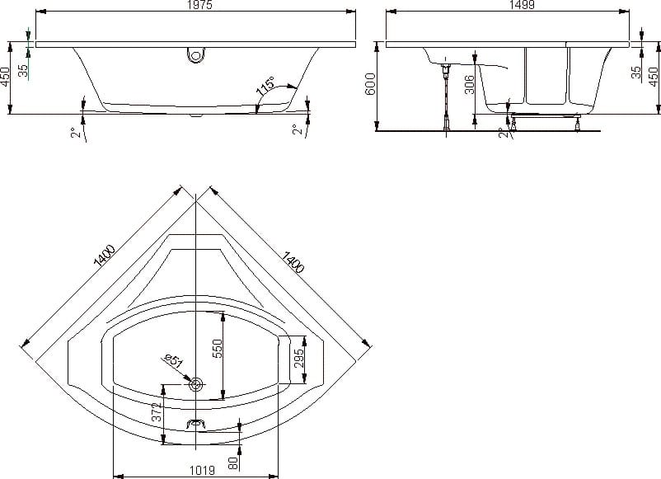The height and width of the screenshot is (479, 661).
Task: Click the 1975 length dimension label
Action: click(x=199, y=5)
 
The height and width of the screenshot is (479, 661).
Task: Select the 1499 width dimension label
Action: click(x=522, y=5)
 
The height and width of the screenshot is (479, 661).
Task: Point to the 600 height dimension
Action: click(x=370, y=84)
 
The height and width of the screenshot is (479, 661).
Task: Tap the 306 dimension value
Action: click(x=469, y=84)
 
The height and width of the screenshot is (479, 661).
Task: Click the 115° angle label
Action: click(x=265, y=87)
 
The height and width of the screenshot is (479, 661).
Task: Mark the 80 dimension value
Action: click(x=233, y=463)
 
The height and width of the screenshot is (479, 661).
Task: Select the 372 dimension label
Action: click(x=157, y=412)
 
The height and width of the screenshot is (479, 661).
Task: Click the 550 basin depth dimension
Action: click(x=217, y=348)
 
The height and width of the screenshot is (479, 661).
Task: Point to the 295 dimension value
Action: click(x=298, y=358)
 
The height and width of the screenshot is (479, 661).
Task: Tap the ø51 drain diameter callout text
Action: click(x=174, y=361)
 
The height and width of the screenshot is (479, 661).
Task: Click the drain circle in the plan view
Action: click(x=195, y=384)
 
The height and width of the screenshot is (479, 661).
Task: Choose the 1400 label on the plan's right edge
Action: click(x=292, y=262)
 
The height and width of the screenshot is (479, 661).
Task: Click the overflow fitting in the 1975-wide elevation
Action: click(x=196, y=54)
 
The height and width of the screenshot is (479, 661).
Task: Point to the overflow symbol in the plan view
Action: click(x=195, y=424)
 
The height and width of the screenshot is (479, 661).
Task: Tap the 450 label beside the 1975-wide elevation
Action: click(x=5, y=77)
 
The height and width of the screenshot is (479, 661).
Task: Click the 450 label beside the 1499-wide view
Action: click(x=654, y=77)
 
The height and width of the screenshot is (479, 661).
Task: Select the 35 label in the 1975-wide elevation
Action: click(x=24, y=70)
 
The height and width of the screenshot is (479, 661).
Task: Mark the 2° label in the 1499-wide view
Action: click(x=503, y=133)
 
